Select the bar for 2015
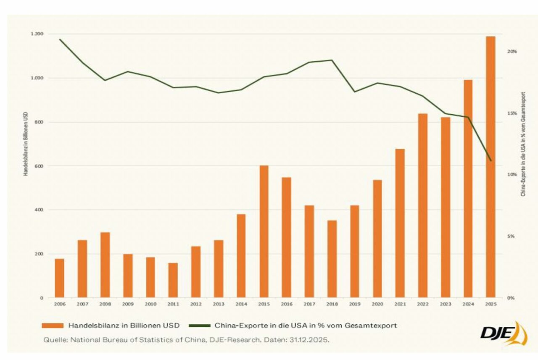point(264,231)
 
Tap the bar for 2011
point(173,280)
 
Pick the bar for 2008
point(105,265)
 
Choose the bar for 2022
point(422,205)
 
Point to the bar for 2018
point(332,259)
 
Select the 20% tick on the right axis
point(512,51)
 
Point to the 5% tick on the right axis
point(510,236)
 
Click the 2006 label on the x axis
point(60,304)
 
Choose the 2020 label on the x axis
point(377,304)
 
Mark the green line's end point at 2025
point(491,160)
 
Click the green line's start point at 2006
point(60,39)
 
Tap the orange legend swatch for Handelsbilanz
point(52,326)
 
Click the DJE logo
point(503,334)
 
